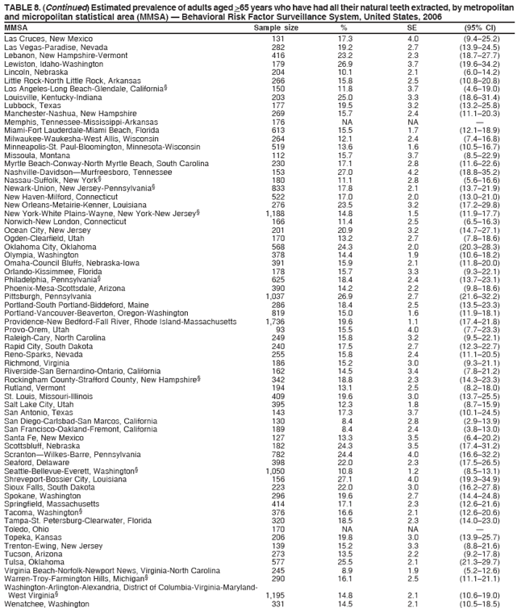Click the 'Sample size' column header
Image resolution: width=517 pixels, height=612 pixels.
[276, 28]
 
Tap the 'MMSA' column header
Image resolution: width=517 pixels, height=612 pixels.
[15, 28]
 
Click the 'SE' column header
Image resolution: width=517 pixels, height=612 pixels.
[412, 28]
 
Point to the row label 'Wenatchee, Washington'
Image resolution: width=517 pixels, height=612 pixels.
[46, 604]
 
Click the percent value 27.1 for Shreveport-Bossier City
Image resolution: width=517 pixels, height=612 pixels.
[345, 456]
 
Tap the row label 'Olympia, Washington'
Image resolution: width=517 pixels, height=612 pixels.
[40, 255]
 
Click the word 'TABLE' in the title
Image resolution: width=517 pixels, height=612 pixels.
[17, 6]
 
